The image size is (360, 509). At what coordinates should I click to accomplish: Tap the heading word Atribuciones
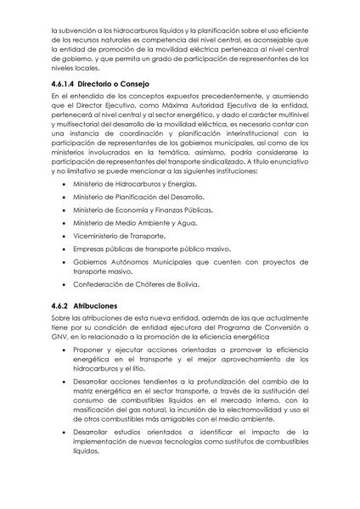point(104,305)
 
